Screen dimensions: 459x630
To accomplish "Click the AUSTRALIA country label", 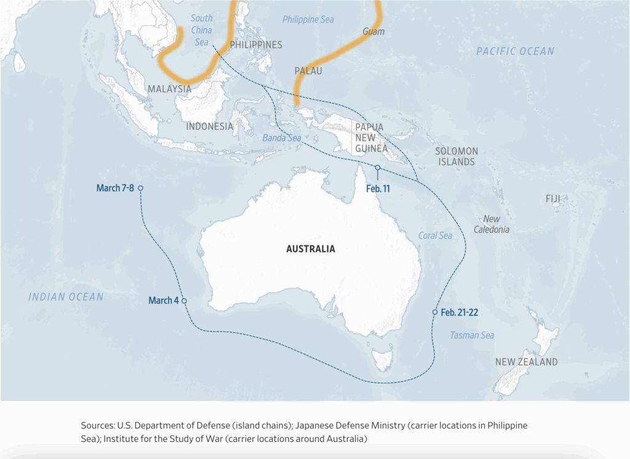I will tap(311, 249).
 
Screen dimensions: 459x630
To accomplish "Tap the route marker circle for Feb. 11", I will tap(378, 167).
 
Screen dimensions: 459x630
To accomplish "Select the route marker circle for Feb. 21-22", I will tap(435, 313).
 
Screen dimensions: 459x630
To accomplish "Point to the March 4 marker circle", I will tap(184, 301).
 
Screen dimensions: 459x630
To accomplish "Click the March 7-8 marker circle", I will tap(140, 188).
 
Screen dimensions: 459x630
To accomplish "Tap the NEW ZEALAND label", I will tap(527, 362).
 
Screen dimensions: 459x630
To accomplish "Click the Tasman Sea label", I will tap(472, 335).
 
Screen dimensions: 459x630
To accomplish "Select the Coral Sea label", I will tap(435, 236).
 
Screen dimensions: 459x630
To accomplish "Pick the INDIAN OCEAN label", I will tap(66, 297).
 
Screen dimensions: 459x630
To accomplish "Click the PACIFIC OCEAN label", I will tap(515, 52).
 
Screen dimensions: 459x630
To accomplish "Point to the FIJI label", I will tap(553, 199).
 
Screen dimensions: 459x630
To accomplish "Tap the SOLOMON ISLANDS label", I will tap(457, 156).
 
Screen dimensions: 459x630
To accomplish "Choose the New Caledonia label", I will tap(492, 224).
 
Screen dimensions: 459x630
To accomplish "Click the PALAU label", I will tap(308, 71).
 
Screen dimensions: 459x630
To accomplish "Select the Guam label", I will tap(373, 31).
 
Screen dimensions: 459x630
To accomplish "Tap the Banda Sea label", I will tap(282, 138).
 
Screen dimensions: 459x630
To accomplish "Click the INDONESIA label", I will tap(210, 126).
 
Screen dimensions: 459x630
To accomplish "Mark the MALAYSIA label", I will tap(170, 89).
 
